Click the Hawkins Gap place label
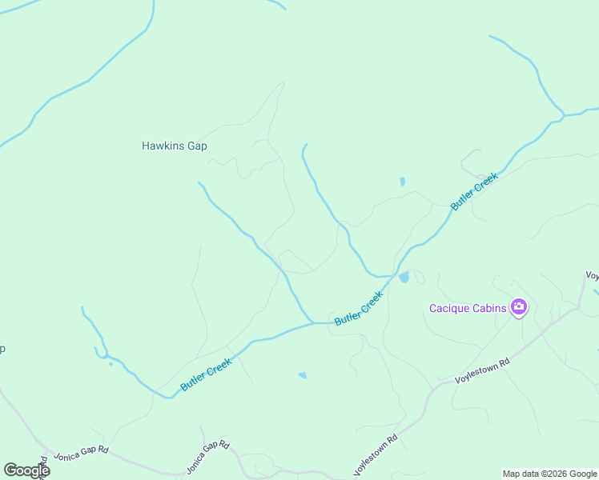click(x=174, y=146)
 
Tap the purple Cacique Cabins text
click(x=468, y=308)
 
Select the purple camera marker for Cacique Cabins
click(x=519, y=307)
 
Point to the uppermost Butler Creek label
click(x=474, y=192)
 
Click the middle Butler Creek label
click(x=359, y=308)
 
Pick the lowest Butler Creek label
click(x=206, y=374)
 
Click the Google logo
click(x=26, y=470)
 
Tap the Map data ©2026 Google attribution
click(x=550, y=474)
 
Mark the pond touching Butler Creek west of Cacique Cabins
click(x=404, y=278)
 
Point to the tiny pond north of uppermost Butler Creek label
click(x=402, y=182)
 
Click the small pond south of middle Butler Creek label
click(x=302, y=374)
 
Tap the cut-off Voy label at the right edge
click(x=592, y=275)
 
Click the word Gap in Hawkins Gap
click(x=196, y=146)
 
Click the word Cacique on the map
click(x=448, y=308)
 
